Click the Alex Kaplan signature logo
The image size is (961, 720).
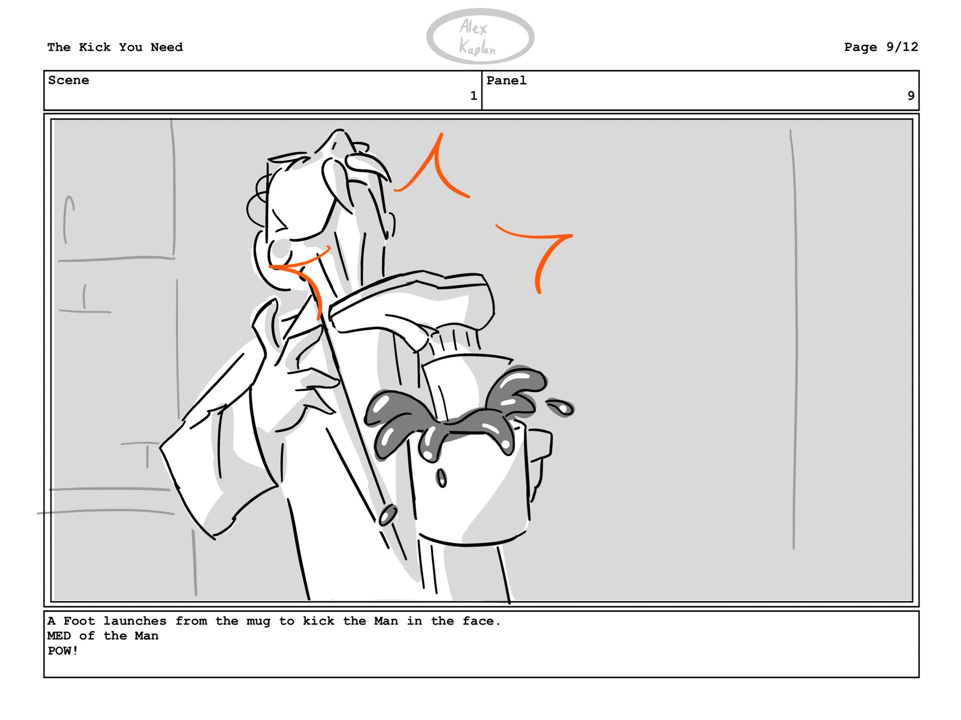point(480,37)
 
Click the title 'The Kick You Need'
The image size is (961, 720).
point(115,47)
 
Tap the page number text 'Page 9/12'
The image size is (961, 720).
point(881,47)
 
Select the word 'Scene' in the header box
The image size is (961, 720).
point(69,80)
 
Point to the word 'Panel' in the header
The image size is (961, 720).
point(507,81)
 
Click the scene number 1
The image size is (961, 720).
point(473,96)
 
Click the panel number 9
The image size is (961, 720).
point(911,96)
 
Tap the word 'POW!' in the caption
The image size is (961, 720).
point(63,650)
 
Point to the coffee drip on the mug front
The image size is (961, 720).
point(441,477)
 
